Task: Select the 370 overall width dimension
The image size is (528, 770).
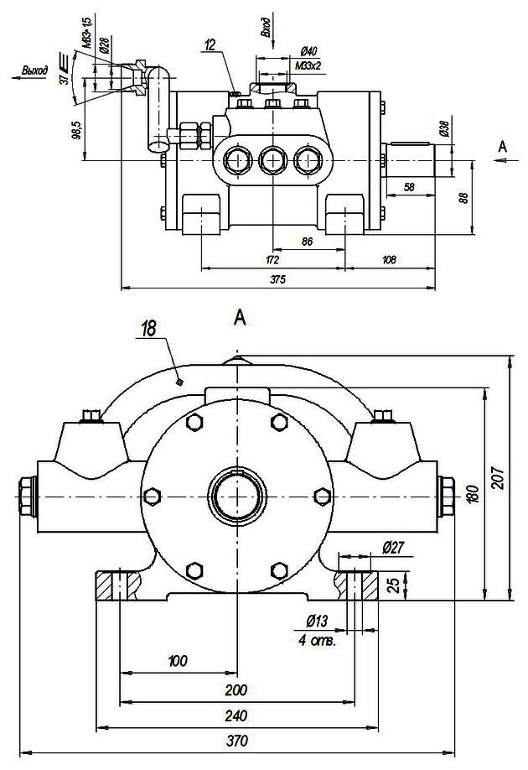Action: [237, 741]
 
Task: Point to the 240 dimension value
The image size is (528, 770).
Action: [237, 716]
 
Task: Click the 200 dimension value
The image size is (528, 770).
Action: [237, 690]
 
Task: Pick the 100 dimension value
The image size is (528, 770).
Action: [178, 662]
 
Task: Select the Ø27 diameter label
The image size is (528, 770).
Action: [393, 548]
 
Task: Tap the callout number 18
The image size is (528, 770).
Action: [149, 329]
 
